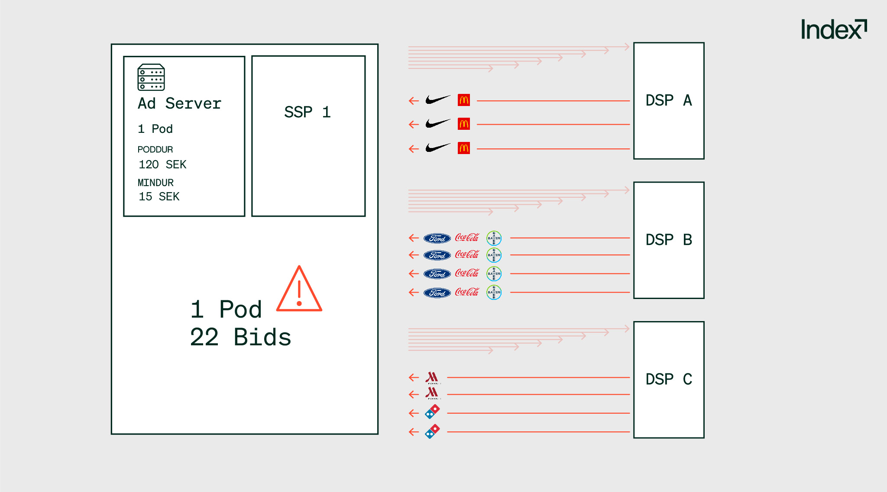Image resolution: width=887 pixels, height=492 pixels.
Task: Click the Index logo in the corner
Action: pyautogui.click(x=833, y=29)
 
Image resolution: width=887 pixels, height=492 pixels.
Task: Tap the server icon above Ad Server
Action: pyautogui.click(x=151, y=77)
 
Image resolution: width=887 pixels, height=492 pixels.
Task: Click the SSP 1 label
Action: pyautogui.click(x=307, y=112)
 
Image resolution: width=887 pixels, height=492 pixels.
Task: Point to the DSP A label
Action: pyautogui.click(x=668, y=100)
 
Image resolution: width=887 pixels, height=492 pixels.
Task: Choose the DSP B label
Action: pyautogui.click(x=668, y=240)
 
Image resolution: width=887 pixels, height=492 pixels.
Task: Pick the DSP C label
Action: pyautogui.click(x=668, y=379)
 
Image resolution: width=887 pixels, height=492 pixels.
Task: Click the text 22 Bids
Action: pyautogui.click(x=240, y=337)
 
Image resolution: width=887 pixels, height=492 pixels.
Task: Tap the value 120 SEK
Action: pyautogui.click(x=162, y=164)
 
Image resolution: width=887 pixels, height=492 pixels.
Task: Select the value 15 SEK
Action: pyautogui.click(x=159, y=196)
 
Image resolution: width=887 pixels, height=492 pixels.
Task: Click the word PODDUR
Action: pyautogui.click(x=155, y=150)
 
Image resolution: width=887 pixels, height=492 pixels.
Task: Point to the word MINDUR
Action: pyautogui.click(x=155, y=183)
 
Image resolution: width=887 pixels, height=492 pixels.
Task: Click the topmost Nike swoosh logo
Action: pyautogui.click(x=437, y=100)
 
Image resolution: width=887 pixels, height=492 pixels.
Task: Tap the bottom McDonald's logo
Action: pyautogui.click(x=464, y=148)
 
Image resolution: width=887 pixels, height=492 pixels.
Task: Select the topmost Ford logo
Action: pyautogui.click(x=437, y=238)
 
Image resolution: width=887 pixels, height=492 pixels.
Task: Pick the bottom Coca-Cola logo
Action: pyautogui.click(x=467, y=293)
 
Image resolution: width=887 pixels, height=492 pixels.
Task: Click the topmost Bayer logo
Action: pyautogui.click(x=494, y=238)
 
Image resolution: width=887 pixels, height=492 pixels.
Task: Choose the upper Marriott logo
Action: pyautogui.click(x=432, y=378)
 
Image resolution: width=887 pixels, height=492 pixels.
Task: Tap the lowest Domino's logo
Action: pyautogui.click(x=432, y=431)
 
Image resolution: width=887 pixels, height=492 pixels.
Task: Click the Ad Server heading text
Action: pyautogui.click(x=179, y=104)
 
